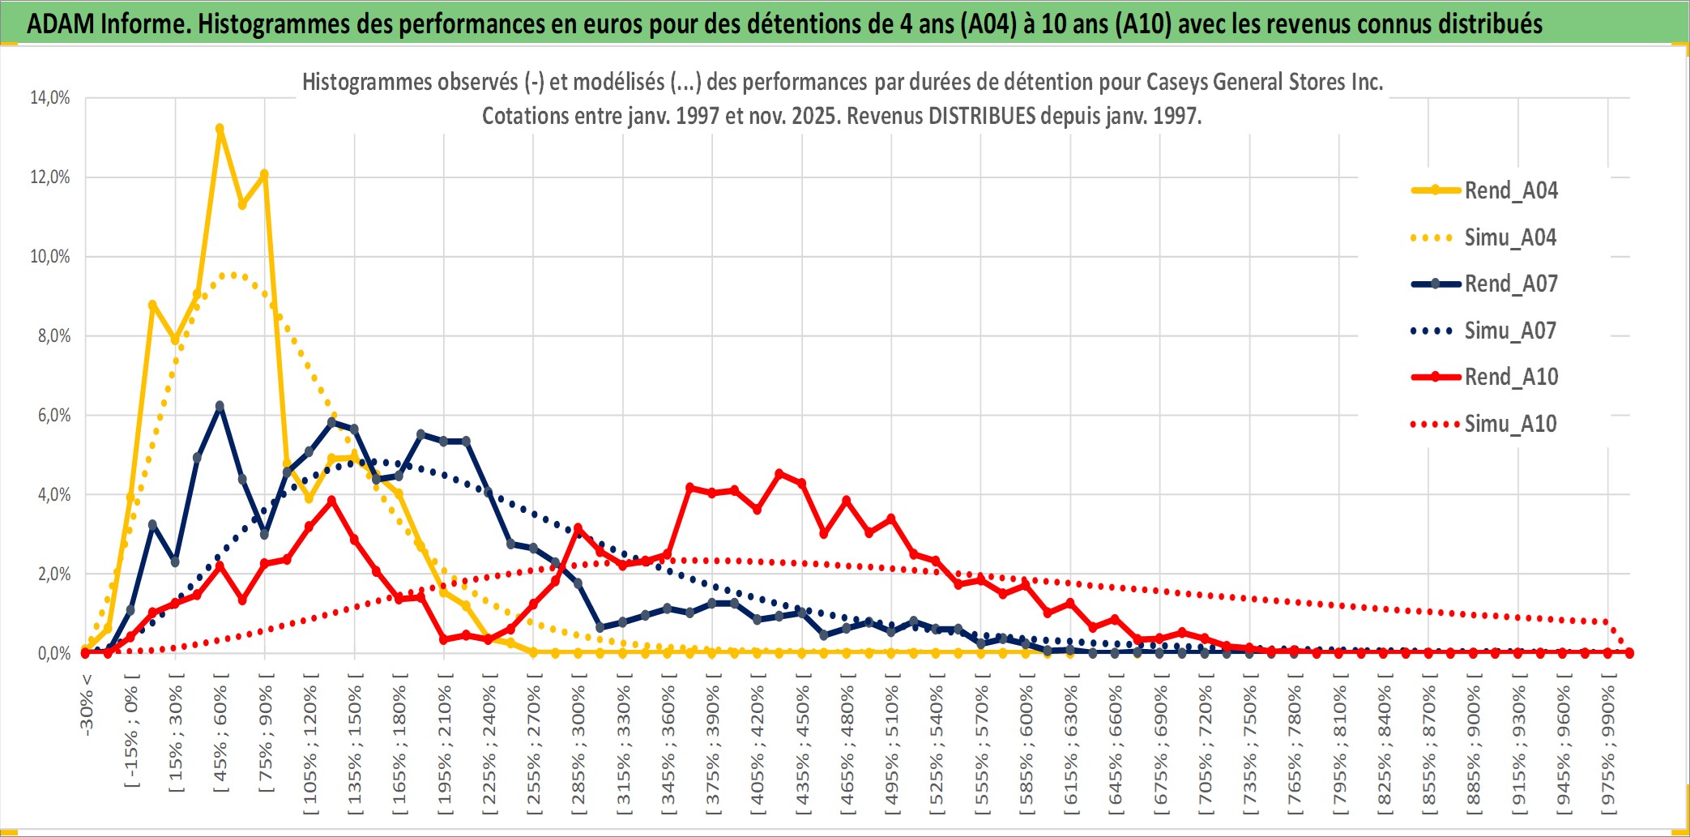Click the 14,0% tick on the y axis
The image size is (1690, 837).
click(x=50, y=98)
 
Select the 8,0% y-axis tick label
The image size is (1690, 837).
click(x=53, y=335)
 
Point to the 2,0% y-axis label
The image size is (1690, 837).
click(x=53, y=574)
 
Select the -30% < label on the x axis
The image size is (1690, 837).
click(x=87, y=705)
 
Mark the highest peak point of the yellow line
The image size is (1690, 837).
click(x=220, y=128)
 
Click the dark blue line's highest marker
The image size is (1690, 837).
click(x=220, y=406)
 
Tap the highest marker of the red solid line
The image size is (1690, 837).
click(x=779, y=473)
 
